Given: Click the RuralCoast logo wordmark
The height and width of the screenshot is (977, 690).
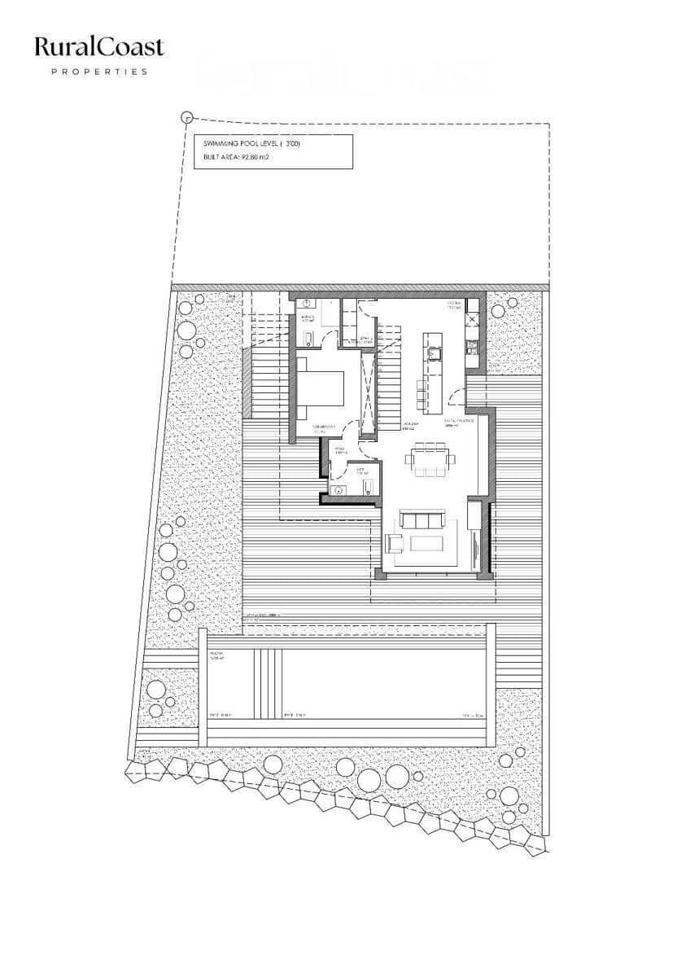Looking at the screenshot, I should click(x=99, y=47).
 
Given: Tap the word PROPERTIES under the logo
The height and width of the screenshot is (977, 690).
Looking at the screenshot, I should click(x=99, y=72).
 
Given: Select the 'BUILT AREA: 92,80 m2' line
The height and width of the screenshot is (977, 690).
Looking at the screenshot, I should click(x=237, y=159).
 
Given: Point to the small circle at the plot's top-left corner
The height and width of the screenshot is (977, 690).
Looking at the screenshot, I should click(x=186, y=117).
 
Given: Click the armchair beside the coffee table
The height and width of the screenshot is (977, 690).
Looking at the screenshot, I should click(x=395, y=543).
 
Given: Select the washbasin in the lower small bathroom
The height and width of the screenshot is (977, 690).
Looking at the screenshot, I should click(x=337, y=489).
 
